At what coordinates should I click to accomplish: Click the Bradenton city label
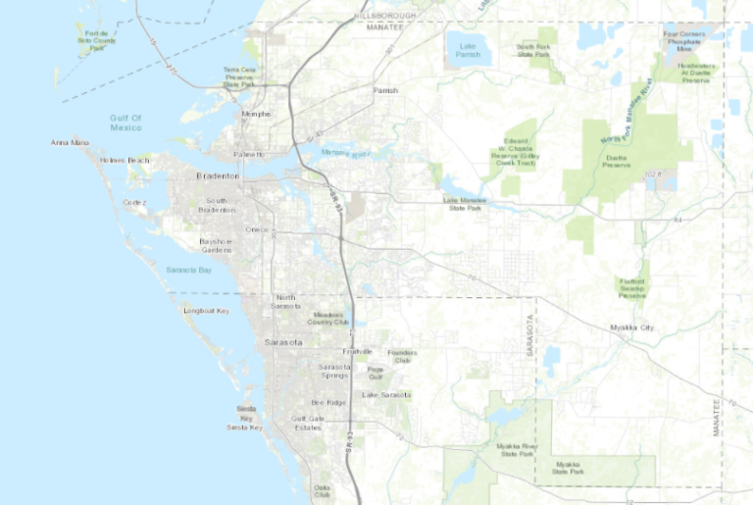pos(218,176)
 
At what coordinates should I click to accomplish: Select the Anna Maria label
pos(70,142)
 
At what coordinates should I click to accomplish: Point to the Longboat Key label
pos(206,311)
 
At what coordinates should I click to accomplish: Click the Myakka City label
pos(630,327)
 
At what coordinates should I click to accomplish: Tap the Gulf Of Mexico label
pos(126,123)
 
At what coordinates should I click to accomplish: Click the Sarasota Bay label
pos(189,270)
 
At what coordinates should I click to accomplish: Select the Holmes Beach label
pos(125,160)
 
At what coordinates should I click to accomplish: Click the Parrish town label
pos(385,90)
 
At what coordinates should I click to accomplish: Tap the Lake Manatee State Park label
pos(466,204)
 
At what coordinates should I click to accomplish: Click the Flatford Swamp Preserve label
pos(632,286)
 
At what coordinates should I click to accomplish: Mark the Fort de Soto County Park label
pos(101,39)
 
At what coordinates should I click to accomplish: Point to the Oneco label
pos(257,228)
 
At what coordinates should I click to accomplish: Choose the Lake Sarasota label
pos(385,394)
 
